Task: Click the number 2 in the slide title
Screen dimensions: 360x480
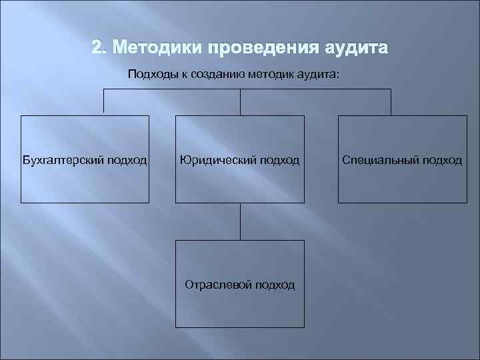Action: click(97, 49)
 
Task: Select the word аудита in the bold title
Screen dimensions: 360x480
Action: click(355, 49)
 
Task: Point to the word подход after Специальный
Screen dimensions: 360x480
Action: click(439, 160)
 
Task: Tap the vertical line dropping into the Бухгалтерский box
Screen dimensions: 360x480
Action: click(103, 103)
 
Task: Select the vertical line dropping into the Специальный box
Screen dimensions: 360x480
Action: click(391, 103)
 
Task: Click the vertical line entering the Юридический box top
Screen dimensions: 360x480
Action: click(240, 103)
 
